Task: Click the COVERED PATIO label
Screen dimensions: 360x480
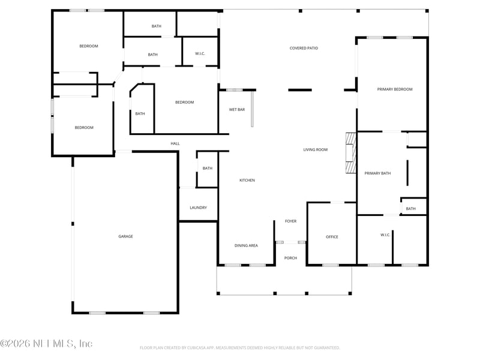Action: click(x=304, y=48)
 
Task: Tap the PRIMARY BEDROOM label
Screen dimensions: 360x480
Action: click(x=395, y=89)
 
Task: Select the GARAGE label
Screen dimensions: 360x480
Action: click(x=125, y=236)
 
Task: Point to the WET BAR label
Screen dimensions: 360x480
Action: click(x=237, y=110)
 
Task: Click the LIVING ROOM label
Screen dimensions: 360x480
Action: click(x=315, y=149)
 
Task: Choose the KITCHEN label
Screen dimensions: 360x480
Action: click(x=247, y=180)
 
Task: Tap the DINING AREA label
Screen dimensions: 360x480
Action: click(x=246, y=245)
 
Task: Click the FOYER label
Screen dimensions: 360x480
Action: click(x=290, y=221)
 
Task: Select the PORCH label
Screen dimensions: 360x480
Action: click(x=290, y=258)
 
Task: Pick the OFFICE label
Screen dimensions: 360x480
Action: click(x=332, y=237)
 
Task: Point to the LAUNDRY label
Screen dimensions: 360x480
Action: click(x=198, y=208)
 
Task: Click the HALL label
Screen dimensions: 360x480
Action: click(x=175, y=143)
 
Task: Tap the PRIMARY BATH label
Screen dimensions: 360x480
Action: click(x=377, y=173)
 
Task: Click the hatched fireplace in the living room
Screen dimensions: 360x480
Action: click(x=350, y=152)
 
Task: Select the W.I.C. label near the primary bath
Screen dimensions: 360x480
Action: click(x=385, y=235)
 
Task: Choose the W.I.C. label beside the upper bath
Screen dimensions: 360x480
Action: click(x=200, y=54)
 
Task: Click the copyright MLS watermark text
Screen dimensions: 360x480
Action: click(x=46, y=344)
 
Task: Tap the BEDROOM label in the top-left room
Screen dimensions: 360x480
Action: click(x=89, y=46)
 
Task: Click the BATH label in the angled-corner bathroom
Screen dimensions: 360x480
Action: click(x=140, y=113)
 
